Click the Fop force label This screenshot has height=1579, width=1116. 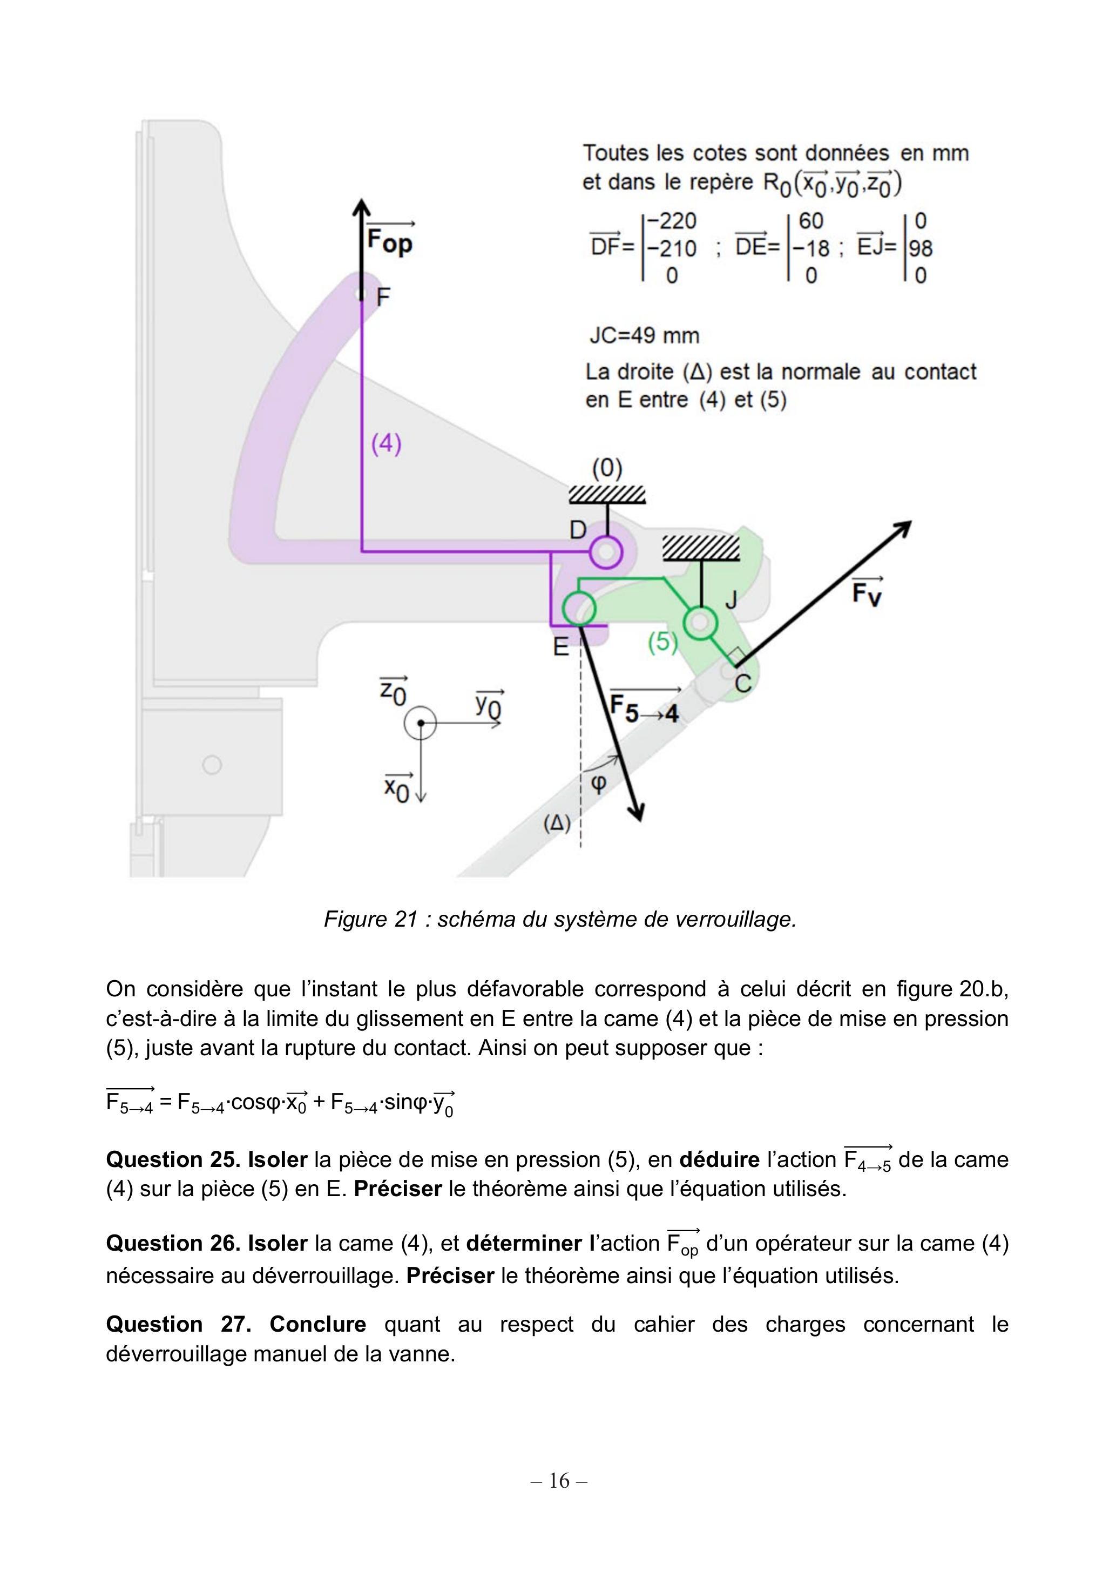coord(390,237)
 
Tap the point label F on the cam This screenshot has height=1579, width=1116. coord(383,297)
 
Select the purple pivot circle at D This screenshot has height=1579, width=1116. coord(606,551)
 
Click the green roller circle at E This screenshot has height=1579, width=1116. coord(578,609)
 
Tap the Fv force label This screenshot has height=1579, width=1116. coord(867,590)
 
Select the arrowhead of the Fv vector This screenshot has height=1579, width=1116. coord(903,529)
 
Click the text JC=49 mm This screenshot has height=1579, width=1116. coord(644,335)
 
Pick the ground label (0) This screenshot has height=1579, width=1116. coord(607,469)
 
